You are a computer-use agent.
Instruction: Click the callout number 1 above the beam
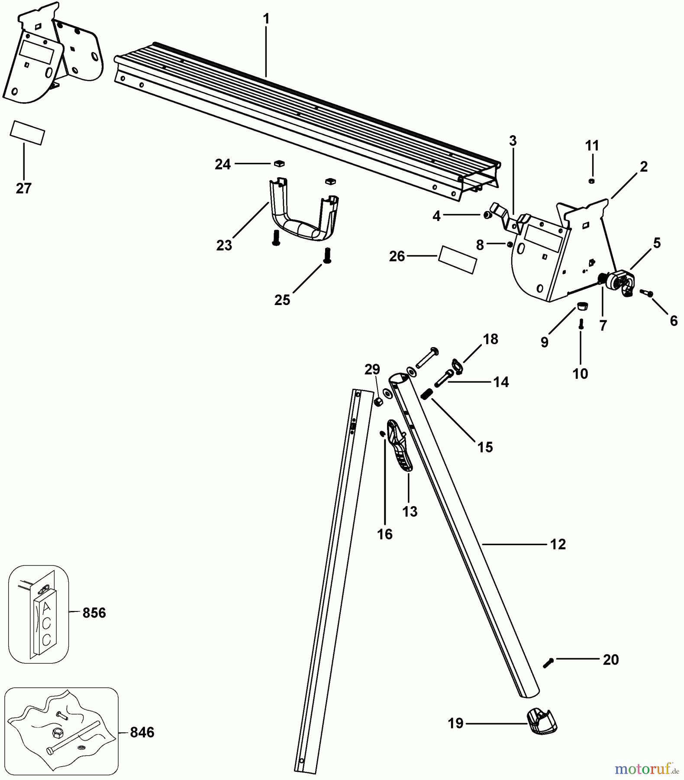[266, 19]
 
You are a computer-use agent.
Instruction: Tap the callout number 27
[24, 188]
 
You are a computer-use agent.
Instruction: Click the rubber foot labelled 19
[542, 722]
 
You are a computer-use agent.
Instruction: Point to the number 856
[94, 613]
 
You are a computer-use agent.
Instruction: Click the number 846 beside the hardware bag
[142, 732]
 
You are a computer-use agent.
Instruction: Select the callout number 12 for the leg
[558, 544]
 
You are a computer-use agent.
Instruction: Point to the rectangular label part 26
[458, 260]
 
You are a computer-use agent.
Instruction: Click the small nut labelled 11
[591, 181]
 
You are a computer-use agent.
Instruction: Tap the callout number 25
[282, 300]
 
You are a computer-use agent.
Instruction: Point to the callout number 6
[673, 321]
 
